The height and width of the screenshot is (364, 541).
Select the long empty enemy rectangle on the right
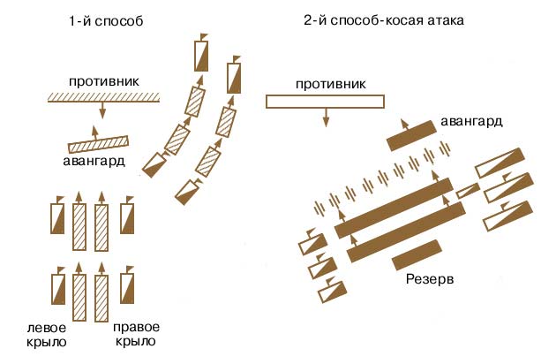(327, 102)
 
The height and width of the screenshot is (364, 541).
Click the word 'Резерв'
(417, 280)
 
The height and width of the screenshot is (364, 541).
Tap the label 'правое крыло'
(135, 334)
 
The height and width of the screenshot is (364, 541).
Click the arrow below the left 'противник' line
(102, 110)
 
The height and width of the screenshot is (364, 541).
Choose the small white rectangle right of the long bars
(467, 190)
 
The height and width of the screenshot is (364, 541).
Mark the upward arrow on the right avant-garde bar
(404, 123)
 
